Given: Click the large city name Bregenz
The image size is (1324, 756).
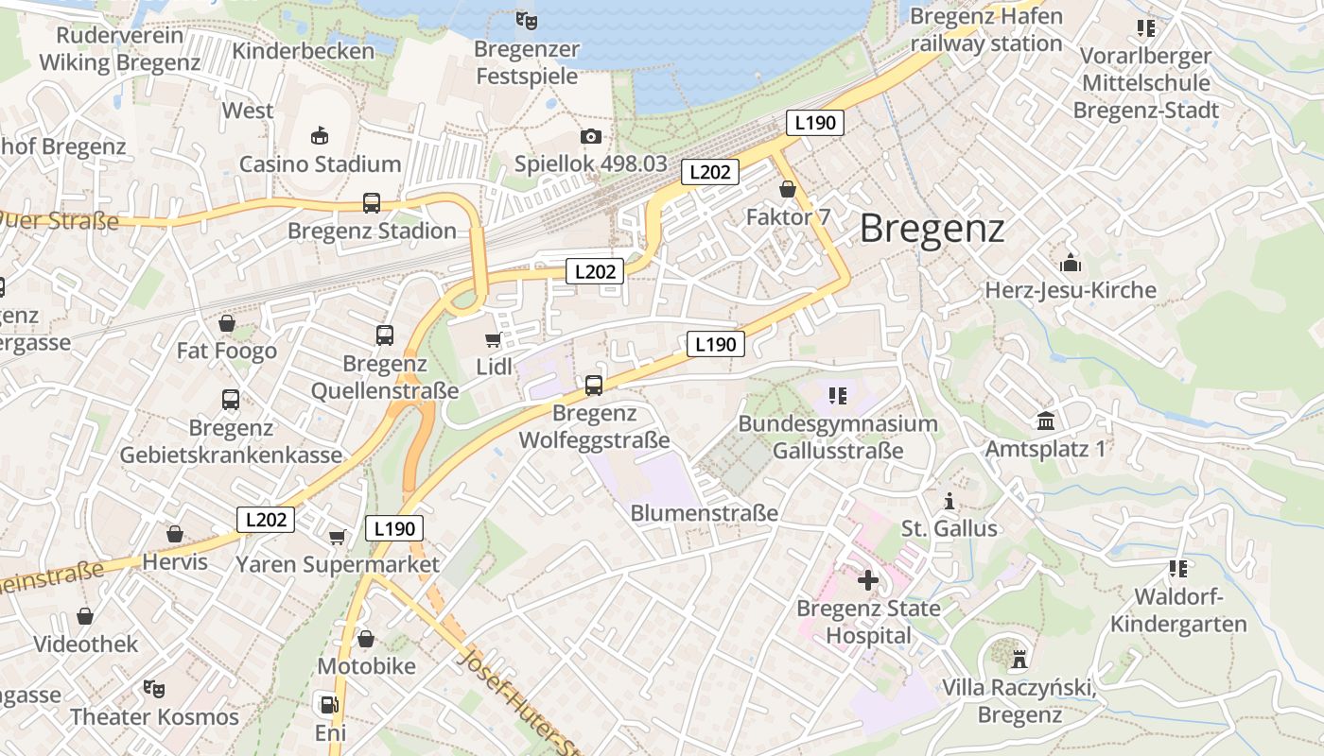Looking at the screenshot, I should click(932, 229).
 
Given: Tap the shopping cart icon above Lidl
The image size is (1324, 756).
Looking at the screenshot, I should click(492, 339).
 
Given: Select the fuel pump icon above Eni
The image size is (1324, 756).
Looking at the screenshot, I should click(328, 704).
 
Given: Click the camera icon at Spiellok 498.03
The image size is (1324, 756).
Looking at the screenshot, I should click(591, 136).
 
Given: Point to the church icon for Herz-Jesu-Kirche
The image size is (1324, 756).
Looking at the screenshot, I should click(1071, 262).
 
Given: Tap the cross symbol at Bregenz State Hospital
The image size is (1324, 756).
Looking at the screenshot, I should click(868, 579).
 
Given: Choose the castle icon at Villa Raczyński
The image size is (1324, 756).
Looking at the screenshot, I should click(1019, 658).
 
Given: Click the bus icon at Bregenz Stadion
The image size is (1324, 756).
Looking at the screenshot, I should click(372, 202).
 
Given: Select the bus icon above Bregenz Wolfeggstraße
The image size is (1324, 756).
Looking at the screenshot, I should click(594, 385).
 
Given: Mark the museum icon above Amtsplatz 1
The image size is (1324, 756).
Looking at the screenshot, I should click(1045, 421).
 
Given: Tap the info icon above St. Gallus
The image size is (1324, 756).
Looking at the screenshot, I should click(949, 500).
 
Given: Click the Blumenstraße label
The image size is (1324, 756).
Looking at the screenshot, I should click(705, 513).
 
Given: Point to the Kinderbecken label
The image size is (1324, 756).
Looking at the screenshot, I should click(304, 50).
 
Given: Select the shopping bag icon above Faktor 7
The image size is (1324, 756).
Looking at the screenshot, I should click(788, 189).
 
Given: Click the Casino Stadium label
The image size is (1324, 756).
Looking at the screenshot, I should click(320, 164).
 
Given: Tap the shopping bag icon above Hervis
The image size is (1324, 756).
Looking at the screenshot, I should click(175, 535).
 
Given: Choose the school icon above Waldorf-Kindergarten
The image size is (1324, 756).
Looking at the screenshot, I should click(1177, 569).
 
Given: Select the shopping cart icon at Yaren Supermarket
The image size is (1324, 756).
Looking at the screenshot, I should click(337, 537).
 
